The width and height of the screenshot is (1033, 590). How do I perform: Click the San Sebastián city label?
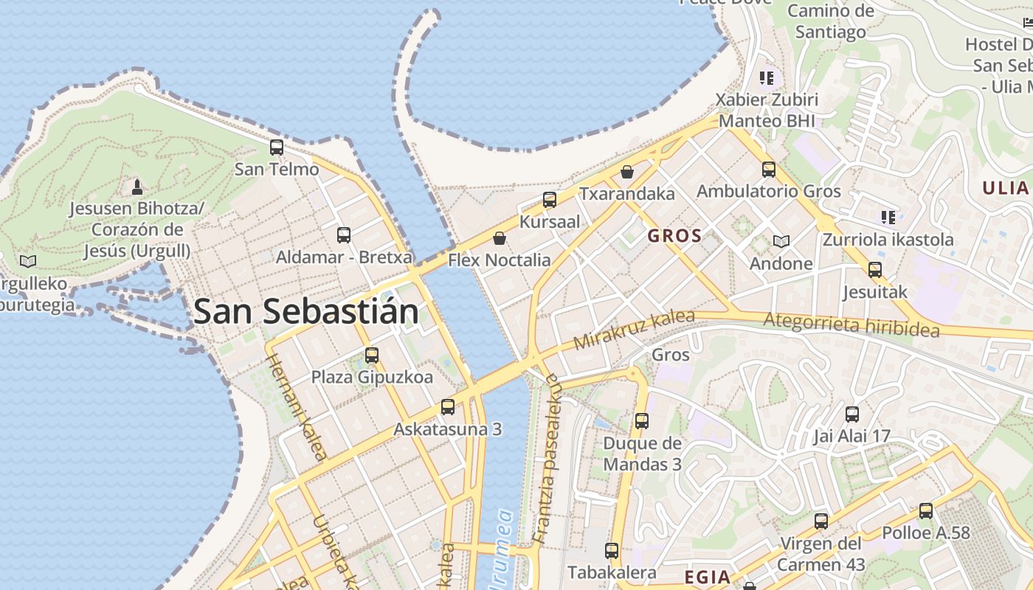306,311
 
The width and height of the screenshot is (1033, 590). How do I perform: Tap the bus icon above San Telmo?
277,147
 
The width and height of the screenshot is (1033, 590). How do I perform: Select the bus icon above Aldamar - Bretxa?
344,235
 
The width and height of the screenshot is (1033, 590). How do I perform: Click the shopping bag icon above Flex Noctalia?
500,238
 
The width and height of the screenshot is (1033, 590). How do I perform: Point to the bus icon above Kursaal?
550,200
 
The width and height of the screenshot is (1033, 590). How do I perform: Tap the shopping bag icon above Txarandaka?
627,172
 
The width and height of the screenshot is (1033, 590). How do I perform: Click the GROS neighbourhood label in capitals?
674,236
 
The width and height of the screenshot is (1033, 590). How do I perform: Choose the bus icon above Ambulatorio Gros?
769,170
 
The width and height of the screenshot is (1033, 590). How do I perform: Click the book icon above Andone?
781,241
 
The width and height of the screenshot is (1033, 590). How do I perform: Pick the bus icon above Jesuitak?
875,270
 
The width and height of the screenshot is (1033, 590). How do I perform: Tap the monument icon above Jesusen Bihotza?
137,186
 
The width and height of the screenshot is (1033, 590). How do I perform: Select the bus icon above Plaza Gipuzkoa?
372,355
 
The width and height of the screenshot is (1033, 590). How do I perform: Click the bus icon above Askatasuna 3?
448,407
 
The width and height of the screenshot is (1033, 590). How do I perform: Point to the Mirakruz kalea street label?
634,330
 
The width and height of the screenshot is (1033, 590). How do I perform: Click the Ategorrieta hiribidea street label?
851,324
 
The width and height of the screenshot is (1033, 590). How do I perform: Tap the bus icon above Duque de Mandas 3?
642,421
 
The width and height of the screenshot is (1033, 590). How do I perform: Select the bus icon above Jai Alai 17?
852,414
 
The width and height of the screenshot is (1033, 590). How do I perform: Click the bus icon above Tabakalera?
612,550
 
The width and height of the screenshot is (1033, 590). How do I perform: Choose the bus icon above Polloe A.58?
926,511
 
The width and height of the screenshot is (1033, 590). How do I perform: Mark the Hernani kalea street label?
296,407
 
